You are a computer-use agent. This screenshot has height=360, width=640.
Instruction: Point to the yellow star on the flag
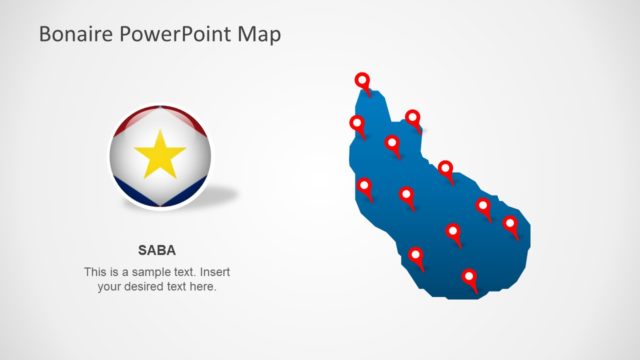pos(160,156)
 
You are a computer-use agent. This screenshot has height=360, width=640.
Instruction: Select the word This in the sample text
pos(96,272)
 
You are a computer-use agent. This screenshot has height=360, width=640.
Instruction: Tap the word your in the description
pos(110,287)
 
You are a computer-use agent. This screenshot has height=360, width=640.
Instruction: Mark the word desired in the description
pos(145,287)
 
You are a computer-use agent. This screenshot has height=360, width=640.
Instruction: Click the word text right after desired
pos(180,287)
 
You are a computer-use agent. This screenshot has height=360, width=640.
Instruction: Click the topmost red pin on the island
pos(362,80)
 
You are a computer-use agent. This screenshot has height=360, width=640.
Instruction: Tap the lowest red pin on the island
pos(468,277)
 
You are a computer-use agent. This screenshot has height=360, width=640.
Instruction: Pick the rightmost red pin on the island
pos(510,223)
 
